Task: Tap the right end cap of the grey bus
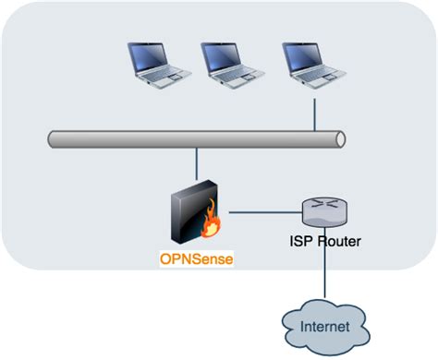coord(341,140)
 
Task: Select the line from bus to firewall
coord(196,165)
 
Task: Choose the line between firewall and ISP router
coord(263,213)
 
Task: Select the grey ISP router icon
coord(322,213)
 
